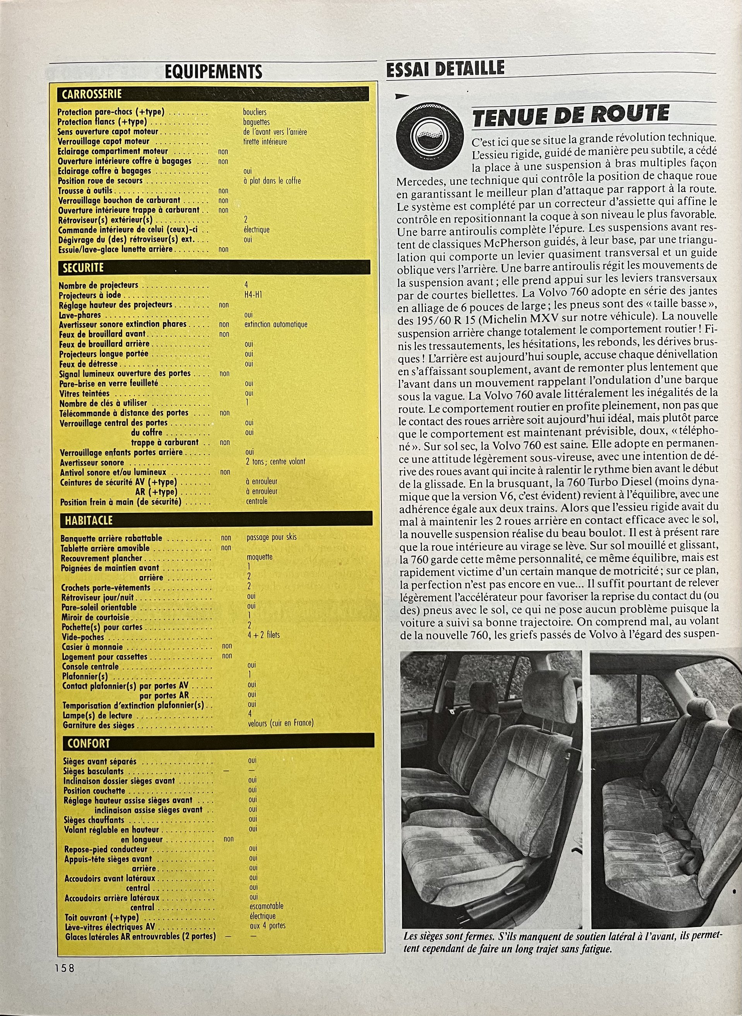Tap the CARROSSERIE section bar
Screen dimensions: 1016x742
[213, 94]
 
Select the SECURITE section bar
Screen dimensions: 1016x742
[214, 268]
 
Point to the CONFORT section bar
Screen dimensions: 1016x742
[217, 743]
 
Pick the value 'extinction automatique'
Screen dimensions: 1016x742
[276, 324]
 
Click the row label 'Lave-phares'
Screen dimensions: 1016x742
[80, 315]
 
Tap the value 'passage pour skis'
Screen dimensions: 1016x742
[271, 537]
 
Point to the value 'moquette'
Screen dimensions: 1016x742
[260, 557]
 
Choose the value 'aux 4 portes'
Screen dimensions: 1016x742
[268, 926]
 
